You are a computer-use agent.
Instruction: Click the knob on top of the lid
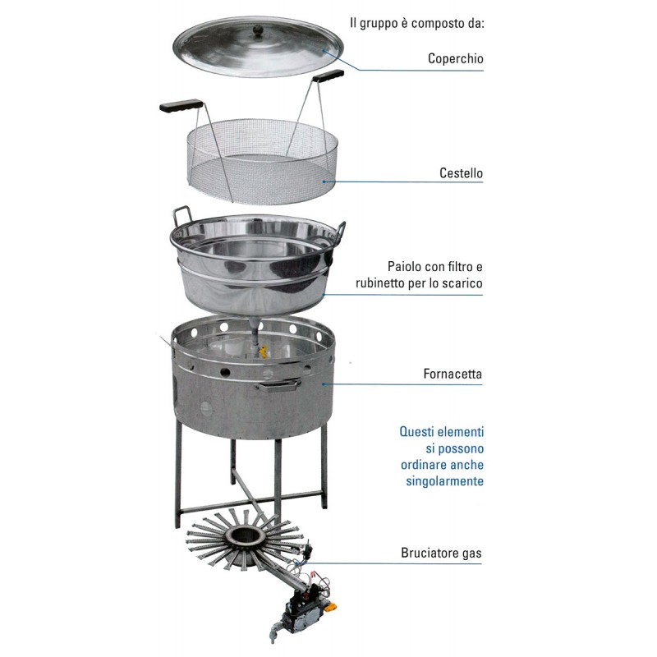(258, 30)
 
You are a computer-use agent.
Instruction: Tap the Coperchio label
(456, 58)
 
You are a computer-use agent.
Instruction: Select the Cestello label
(461, 172)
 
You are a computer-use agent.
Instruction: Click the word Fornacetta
(453, 374)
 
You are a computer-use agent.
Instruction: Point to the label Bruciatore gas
(441, 553)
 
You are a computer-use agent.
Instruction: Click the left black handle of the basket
(181, 105)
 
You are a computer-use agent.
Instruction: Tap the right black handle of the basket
(328, 76)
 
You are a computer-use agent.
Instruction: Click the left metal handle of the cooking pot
(181, 217)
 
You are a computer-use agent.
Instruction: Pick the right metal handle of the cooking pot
(339, 233)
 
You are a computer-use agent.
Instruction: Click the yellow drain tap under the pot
(263, 351)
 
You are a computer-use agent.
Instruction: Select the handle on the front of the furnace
(278, 385)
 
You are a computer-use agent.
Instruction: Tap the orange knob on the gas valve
(332, 607)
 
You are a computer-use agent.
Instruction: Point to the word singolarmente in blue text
(444, 481)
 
